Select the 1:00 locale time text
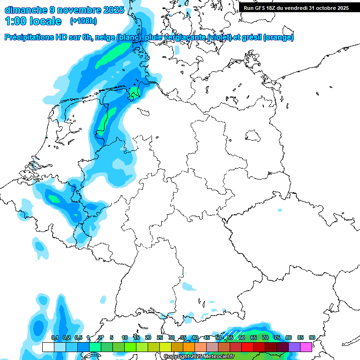(x=33, y=21)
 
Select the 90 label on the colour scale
(x=312, y=337)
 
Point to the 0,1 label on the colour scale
(x=54, y=337)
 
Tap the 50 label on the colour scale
(x=218, y=337)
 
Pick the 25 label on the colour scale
(x=160, y=337)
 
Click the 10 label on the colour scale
(x=125, y=337)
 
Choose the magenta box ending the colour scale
(x=306, y=347)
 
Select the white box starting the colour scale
(x=48, y=347)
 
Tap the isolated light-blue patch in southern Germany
(x=190, y=285)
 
